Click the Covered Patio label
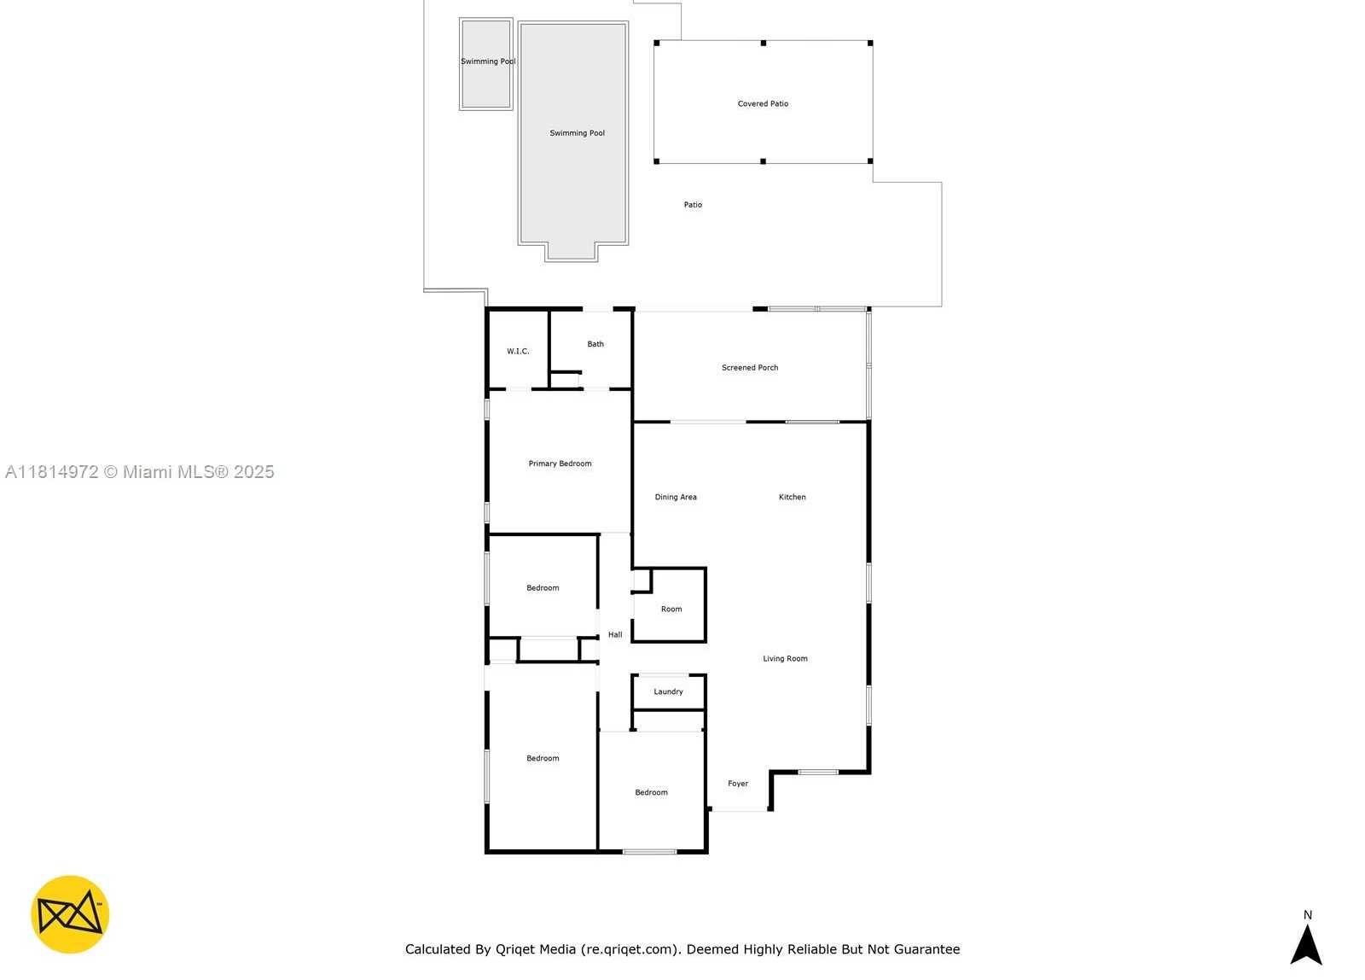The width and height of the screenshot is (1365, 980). [x=763, y=104]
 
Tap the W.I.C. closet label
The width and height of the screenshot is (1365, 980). [x=518, y=352]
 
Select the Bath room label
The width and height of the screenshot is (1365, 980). [x=595, y=345]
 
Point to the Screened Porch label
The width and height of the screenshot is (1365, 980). [x=750, y=368]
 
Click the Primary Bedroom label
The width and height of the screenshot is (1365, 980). [x=560, y=464]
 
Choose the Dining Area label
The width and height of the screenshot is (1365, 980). [x=676, y=497]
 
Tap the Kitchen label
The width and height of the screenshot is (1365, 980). [x=792, y=497]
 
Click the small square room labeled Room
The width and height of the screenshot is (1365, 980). [x=671, y=610]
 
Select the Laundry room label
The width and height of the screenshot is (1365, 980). [x=668, y=692]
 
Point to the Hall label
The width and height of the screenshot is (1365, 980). [x=615, y=635]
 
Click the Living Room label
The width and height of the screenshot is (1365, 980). [x=785, y=659]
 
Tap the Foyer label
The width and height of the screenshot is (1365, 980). [x=738, y=784]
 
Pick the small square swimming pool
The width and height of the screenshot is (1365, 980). [x=486, y=65]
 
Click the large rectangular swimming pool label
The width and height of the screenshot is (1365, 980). [x=577, y=133]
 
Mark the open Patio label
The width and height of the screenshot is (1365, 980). [x=693, y=205]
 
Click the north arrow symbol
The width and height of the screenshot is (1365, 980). [x=1306, y=943]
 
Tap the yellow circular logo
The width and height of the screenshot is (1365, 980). [x=70, y=914]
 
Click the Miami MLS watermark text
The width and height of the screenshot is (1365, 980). [x=140, y=472]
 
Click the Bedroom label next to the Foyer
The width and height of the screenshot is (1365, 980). [x=651, y=793]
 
